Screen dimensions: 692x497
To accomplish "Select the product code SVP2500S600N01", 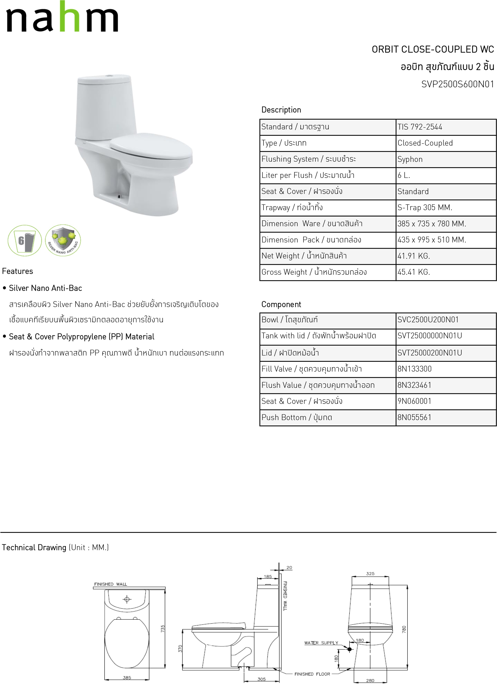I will click(x=457, y=84).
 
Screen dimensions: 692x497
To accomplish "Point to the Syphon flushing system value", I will click(x=410, y=159).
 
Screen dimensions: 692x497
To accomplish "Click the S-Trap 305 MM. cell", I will click(x=424, y=207).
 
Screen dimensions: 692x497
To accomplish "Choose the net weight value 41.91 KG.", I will click(x=414, y=256).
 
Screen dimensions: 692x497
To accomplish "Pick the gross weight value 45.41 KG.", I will click(x=414, y=272).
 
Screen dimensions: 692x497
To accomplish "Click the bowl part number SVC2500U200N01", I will click(x=428, y=320).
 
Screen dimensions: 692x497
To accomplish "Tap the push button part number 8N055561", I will click(x=414, y=417).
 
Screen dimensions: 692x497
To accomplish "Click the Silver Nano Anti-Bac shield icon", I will click(x=63, y=240).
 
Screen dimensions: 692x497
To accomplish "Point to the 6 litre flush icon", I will click(x=25, y=240).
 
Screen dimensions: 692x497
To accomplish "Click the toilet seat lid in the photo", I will click(x=151, y=146).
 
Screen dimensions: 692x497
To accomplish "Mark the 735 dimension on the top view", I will click(x=163, y=629).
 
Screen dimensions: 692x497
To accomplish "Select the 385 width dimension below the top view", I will click(x=127, y=677).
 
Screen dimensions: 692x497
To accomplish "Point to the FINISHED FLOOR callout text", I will click(x=312, y=674).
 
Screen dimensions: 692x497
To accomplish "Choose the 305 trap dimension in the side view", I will click(x=261, y=679).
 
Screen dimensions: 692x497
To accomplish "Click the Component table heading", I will click(x=281, y=304).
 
